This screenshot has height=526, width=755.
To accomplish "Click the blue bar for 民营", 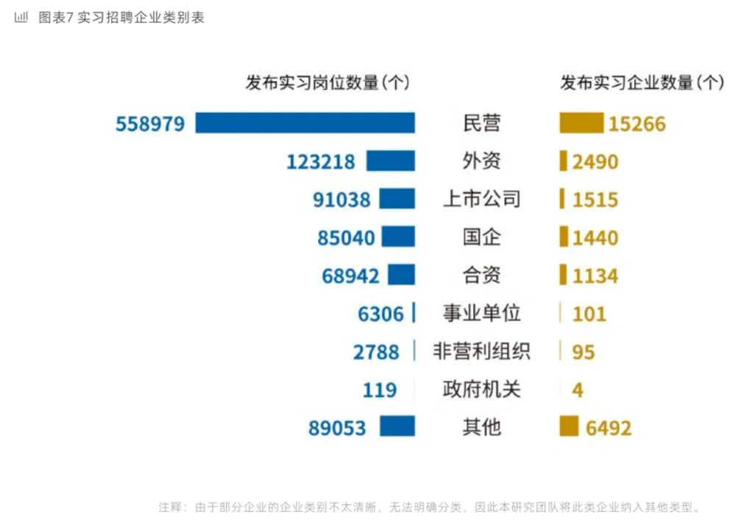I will click(305, 123).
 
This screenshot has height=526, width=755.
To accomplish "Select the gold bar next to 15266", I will click(581, 123).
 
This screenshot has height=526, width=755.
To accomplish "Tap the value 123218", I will click(321, 161).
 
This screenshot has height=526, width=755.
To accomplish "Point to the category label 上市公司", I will click(481, 199).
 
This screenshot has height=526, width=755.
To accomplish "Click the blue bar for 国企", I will click(398, 237).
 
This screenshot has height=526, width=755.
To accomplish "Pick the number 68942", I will click(350, 276).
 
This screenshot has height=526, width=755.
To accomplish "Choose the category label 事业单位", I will click(481, 313).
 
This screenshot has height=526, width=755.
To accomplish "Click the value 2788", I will click(376, 351).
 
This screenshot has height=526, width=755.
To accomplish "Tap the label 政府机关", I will click(481, 389).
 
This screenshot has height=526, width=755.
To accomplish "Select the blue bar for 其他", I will click(397, 427).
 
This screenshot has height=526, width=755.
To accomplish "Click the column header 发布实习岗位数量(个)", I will click(327, 83).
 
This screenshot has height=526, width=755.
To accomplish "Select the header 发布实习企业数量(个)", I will click(642, 83).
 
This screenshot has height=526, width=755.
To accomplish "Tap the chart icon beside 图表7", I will click(21, 17).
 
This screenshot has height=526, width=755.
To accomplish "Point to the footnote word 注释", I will click(171, 508).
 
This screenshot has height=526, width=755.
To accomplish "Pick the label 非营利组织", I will click(481, 351).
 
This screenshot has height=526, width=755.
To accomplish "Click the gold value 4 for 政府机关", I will click(578, 390).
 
